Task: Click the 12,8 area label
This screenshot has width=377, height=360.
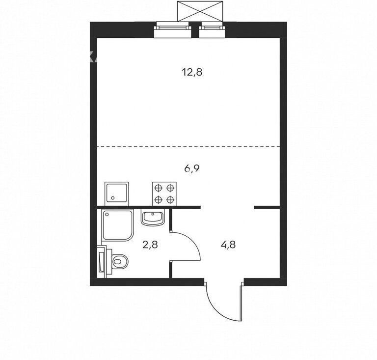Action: pos(192,72)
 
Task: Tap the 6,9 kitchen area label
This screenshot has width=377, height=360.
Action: pos(192,168)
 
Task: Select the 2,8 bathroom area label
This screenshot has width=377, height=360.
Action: pos(150,245)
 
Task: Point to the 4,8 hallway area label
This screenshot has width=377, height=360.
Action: pos(228,245)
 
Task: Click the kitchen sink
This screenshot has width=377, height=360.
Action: pos(117,194)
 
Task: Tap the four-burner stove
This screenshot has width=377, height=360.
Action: pos(164,194)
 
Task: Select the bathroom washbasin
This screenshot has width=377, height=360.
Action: pos(153,217)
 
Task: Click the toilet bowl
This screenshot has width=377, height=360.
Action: pos(120,261)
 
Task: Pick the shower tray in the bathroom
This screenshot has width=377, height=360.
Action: pos(117,225)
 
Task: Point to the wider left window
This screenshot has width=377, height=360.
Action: pos(173,30)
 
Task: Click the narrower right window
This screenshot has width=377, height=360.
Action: pos(212,30)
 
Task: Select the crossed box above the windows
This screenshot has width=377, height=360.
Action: pos(200,11)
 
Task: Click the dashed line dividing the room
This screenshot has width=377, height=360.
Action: pos(188,146)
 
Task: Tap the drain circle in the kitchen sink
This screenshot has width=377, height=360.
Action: pos(113,198)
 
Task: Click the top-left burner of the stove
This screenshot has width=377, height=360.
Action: pos(159,188)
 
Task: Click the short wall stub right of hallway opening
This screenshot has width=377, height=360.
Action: pos(267,207)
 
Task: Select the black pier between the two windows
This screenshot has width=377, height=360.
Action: pos(195,30)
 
